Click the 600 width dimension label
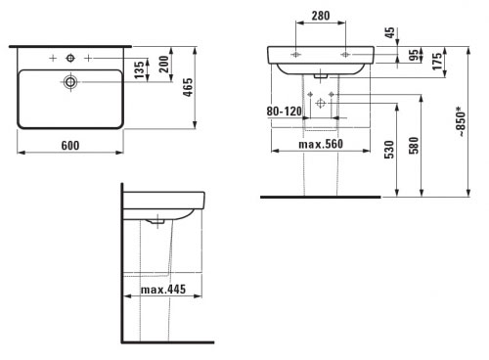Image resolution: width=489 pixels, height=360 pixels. click(x=70, y=146)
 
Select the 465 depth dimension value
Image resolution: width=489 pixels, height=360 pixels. click(x=188, y=87)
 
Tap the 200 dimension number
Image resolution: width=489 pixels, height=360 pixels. click(x=164, y=64)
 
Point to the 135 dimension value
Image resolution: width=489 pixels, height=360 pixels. click(x=139, y=69)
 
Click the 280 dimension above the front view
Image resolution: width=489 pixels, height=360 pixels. click(x=321, y=16)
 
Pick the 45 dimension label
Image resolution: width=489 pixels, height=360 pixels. click(x=389, y=32)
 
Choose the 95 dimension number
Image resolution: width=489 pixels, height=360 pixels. click(x=413, y=55)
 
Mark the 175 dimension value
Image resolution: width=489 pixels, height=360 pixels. click(x=437, y=61)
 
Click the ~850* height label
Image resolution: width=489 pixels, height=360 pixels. click(x=462, y=121)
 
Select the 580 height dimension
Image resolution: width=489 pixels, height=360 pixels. click(x=414, y=146)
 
